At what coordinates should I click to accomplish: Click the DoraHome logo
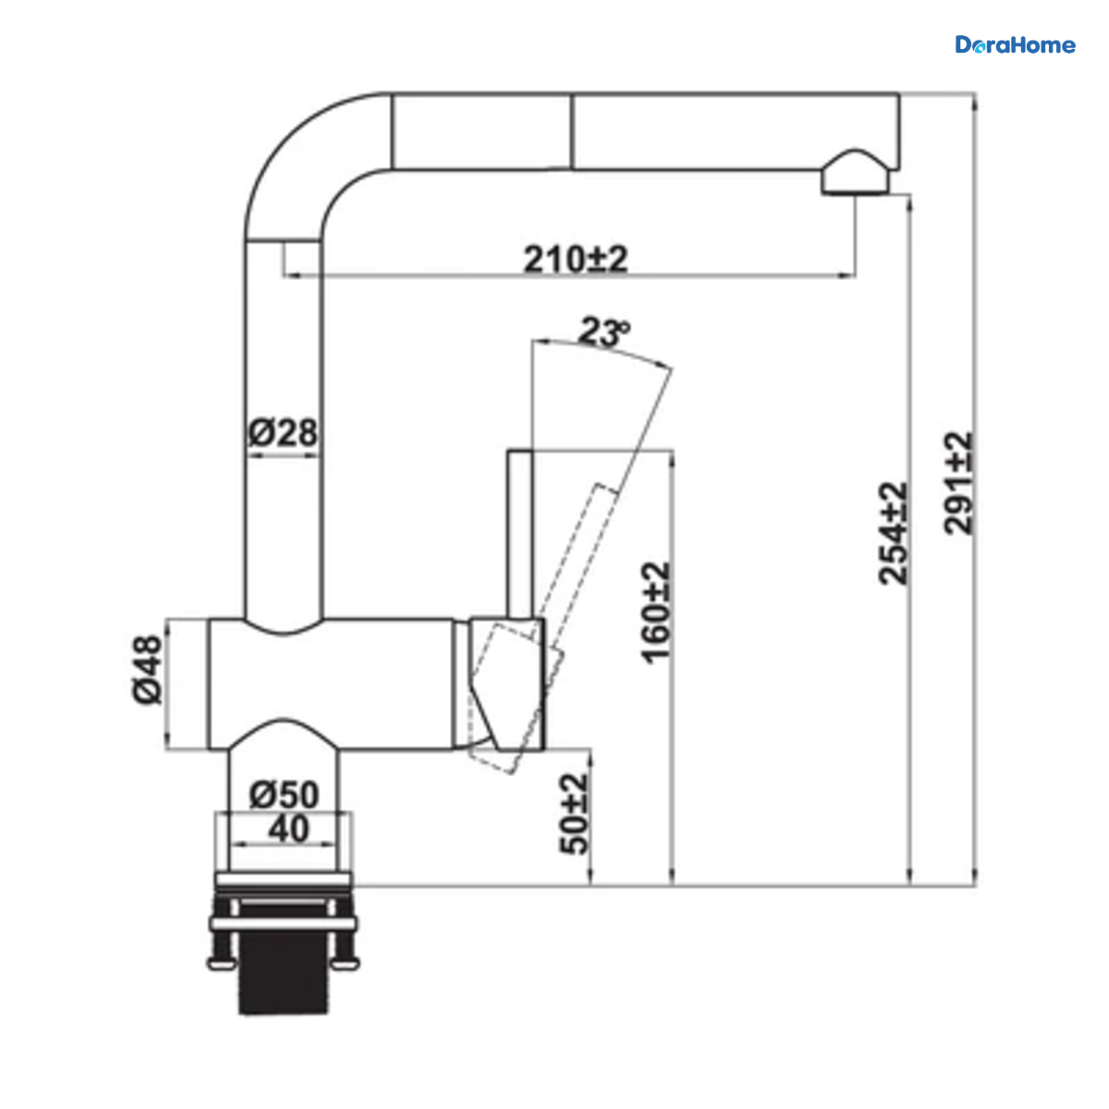1015,45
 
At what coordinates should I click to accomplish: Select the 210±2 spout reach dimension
575,259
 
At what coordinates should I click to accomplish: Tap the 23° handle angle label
603,332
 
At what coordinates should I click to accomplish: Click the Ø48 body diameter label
147,669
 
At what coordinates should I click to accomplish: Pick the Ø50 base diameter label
284,796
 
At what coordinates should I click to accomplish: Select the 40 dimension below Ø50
288,829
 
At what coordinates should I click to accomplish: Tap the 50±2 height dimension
574,814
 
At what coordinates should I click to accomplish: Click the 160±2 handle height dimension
655,613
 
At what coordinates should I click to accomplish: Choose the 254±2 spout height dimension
893,533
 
